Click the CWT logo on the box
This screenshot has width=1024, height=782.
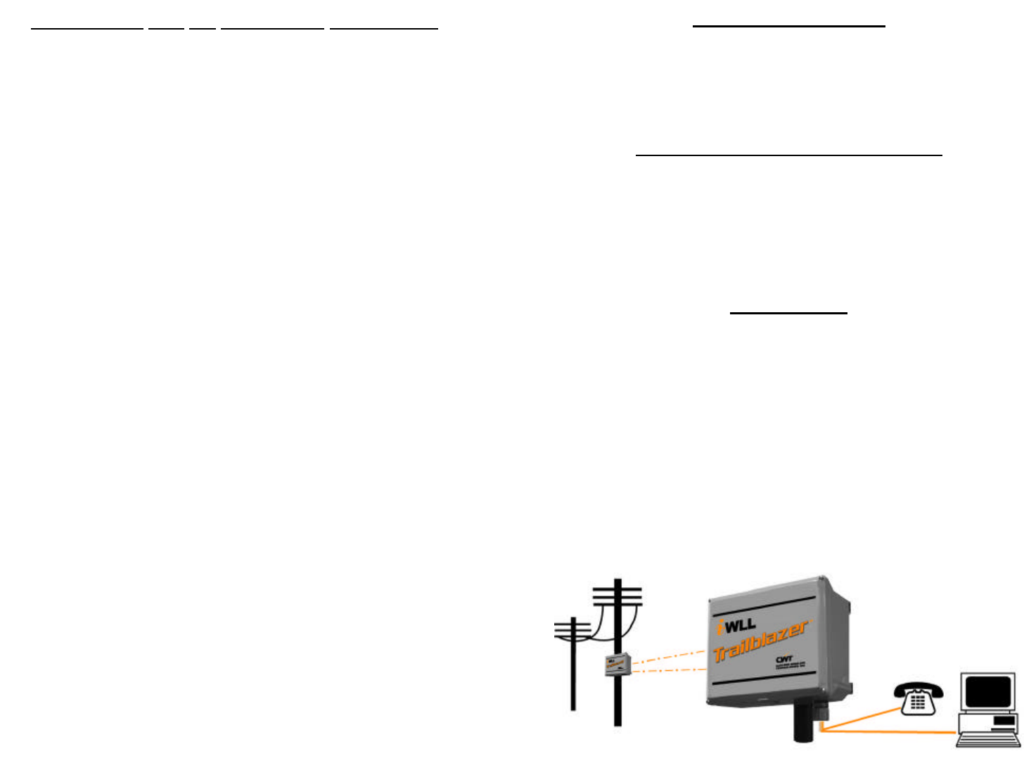coord(785,659)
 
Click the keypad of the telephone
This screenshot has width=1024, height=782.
coord(918,702)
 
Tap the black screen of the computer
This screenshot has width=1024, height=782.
coord(987,692)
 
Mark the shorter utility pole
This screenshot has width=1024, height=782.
coord(573,675)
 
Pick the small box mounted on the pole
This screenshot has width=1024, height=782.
coord(617,665)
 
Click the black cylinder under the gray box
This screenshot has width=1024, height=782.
coord(804,721)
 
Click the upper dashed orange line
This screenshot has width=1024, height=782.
coord(668,658)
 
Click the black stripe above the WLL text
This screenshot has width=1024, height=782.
coord(763,604)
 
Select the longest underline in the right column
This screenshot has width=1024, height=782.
coord(788,154)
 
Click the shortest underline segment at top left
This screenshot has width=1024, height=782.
coord(202,28)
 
